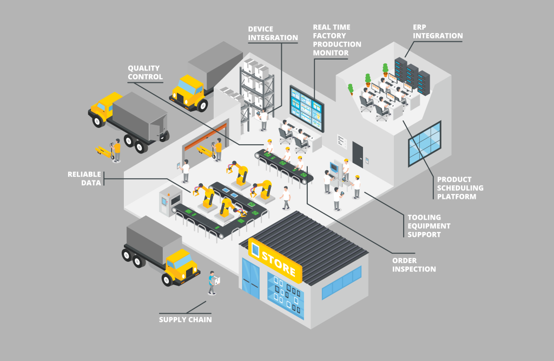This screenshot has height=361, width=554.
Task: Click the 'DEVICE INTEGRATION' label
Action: coord(273,33)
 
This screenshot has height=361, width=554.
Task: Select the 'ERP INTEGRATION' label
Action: coord(437,31)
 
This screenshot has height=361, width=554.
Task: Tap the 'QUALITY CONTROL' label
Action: coord(144,72)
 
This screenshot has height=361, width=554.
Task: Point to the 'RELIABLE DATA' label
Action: coord(84,178)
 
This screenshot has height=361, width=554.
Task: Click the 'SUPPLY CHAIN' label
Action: coord(185,319)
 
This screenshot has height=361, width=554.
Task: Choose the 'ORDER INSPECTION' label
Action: coord(413,265)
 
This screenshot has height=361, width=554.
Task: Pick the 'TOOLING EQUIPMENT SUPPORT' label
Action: coord(428,225)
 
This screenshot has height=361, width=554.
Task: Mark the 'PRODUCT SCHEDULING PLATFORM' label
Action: coord(460,188)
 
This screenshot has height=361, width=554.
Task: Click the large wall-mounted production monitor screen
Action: coord(306,105)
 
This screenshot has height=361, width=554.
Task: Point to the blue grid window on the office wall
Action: coord(424,144)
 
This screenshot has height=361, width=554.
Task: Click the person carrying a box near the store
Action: coord(213,282)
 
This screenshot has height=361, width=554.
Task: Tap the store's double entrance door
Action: coord(250,280)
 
